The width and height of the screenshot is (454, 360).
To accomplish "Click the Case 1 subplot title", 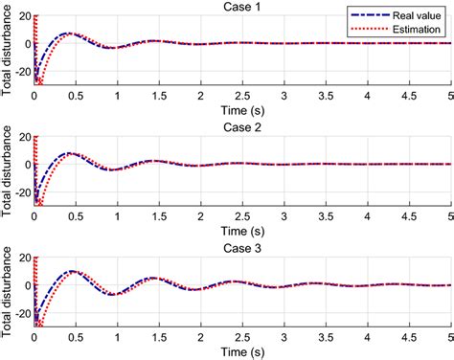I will (x=243, y=7).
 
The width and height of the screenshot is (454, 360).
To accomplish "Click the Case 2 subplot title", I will (x=243, y=127).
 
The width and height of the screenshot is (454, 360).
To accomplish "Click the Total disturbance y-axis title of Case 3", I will (x=8, y=297).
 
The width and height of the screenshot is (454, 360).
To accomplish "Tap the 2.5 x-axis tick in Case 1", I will (x=242, y=98).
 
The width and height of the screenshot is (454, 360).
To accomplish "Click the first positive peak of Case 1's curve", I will (x=67, y=34).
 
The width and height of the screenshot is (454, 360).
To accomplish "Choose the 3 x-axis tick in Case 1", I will (x=284, y=98).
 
